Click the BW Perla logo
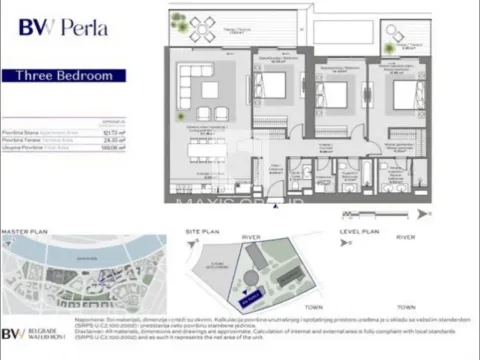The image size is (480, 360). point(63,28)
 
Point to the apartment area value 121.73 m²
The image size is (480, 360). point(114,132)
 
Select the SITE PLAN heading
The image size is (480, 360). point(203,232)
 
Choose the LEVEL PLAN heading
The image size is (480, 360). point(359,232)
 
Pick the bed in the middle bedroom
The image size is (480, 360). point(333,97)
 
